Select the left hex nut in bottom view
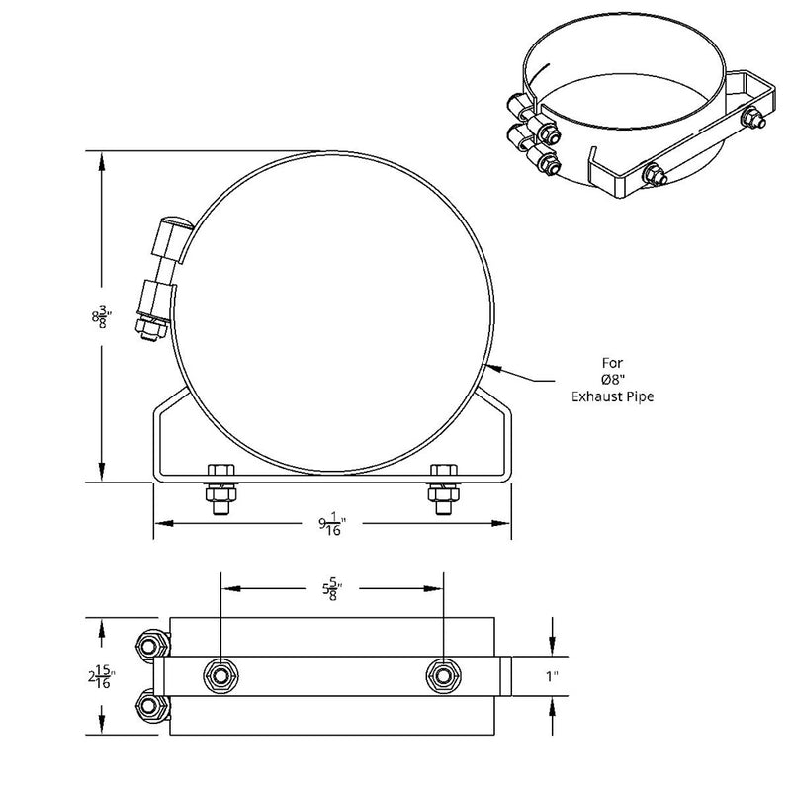tap(220, 676)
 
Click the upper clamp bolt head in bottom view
tap(151, 646)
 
